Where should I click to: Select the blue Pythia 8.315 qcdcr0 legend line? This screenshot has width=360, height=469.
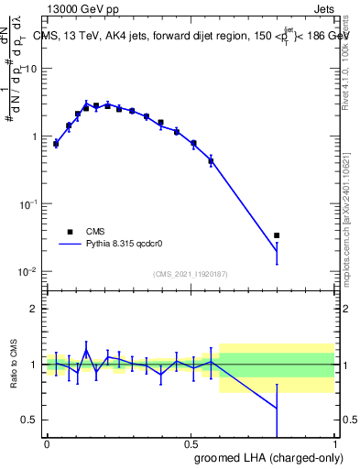pos(72,245)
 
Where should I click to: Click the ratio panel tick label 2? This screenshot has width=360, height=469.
pos(35,309)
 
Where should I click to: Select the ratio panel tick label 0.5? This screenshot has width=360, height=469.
pos(30,420)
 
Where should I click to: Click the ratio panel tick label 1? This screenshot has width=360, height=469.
pos(35,365)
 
